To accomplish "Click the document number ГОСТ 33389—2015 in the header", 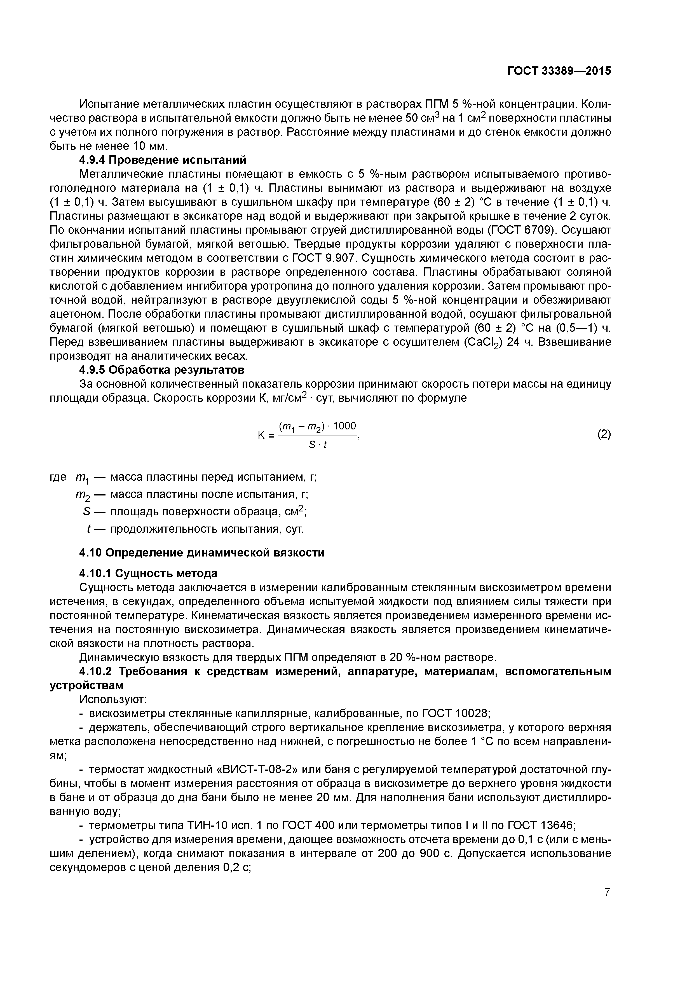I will click(x=559, y=71).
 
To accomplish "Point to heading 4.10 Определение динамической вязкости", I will click(x=202, y=553).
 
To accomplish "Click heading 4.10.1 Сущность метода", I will click(x=148, y=573).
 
